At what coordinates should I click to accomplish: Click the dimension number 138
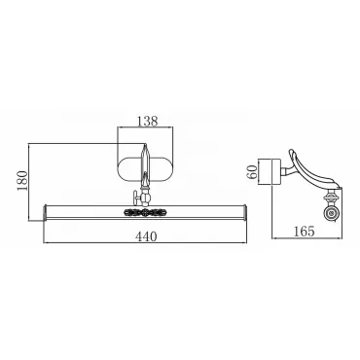click(x=147, y=121)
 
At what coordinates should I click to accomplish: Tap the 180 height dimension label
click(x=23, y=180)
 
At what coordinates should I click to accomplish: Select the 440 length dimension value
click(x=146, y=236)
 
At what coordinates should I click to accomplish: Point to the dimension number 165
click(x=305, y=232)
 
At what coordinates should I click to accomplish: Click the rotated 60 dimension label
click(x=252, y=171)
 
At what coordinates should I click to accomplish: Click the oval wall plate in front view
click(x=145, y=168)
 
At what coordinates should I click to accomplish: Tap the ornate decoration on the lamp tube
click(x=144, y=212)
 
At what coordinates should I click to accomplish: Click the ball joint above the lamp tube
click(x=145, y=197)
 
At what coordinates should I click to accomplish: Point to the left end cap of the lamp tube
click(x=46, y=212)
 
